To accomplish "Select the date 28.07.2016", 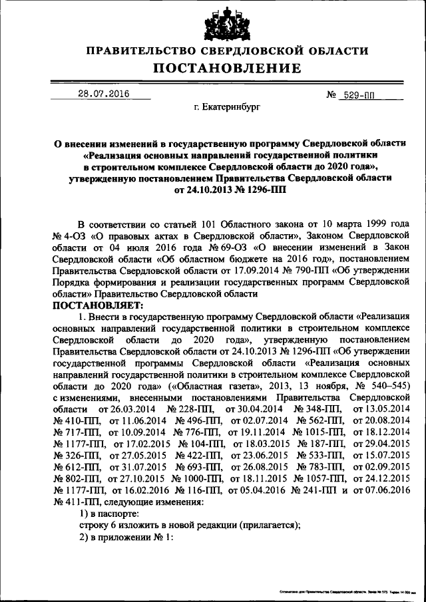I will [101, 94].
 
